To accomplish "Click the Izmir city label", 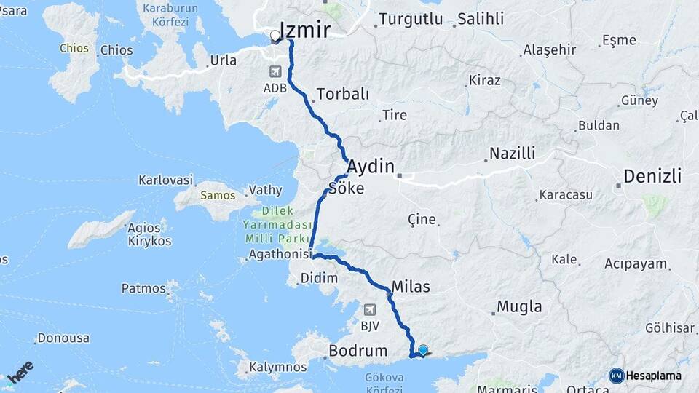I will click(x=305, y=29).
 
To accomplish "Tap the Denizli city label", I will click(x=653, y=176).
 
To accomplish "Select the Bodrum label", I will click(x=358, y=351).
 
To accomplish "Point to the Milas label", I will click(x=411, y=287).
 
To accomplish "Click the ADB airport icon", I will click(x=275, y=71).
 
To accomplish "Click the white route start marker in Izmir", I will click(x=275, y=36).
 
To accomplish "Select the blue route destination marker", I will click(x=423, y=350).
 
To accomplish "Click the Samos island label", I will click(x=218, y=195).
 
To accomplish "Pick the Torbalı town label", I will click(x=343, y=95).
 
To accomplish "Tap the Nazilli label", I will click(x=512, y=154).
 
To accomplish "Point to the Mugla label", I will click(x=519, y=306).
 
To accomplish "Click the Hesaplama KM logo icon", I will click(x=617, y=376).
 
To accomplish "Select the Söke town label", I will click(x=347, y=188).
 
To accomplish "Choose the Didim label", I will click(x=320, y=278).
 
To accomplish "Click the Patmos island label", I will click(x=143, y=288).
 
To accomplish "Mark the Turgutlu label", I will click(x=411, y=20).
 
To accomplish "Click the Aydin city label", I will click(x=370, y=166).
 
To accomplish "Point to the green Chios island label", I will click(x=74, y=49).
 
